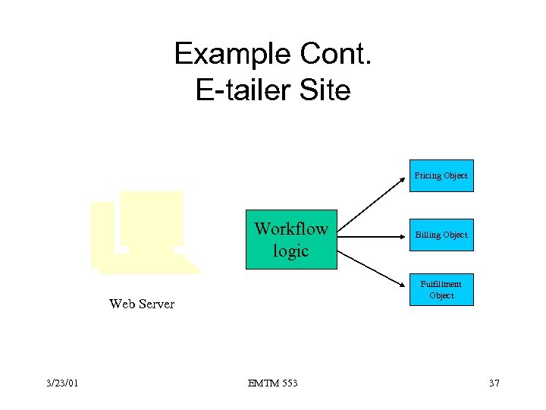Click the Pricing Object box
441,175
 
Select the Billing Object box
441,235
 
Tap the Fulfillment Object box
441,289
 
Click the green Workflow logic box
291,239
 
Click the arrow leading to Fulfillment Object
372,266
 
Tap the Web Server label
142,304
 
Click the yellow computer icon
144,232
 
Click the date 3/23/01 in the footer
61,383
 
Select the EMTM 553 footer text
273,383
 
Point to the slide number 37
494,383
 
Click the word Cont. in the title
334,54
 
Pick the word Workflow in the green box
291,229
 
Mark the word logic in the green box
291,251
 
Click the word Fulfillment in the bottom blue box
441,284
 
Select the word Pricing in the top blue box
428,175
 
